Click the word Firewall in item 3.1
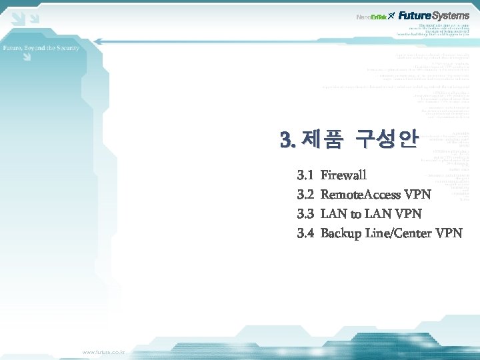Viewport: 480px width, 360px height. [343, 175]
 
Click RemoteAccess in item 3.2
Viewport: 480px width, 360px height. [361, 195]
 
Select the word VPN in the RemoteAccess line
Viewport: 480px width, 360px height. [417, 195]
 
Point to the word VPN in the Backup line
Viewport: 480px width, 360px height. [449, 233]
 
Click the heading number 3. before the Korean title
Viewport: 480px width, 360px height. [288, 140]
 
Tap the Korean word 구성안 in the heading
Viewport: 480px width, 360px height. [386, 140]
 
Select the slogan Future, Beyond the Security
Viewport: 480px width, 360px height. [41, 48]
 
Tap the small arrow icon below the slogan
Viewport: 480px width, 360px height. [26, 58]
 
